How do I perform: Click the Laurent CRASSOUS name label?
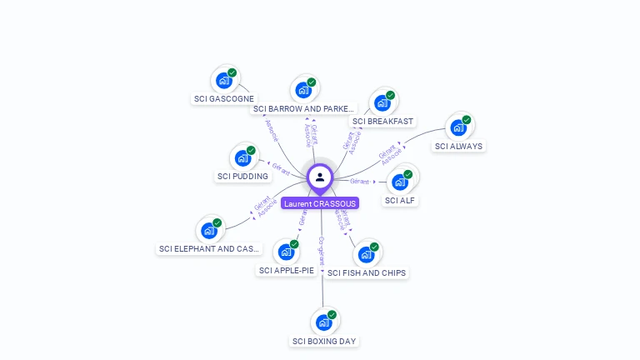320,203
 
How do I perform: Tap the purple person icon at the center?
320,177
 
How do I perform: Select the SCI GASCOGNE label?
224,98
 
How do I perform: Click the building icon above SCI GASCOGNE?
223,80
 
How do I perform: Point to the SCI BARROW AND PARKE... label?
303,108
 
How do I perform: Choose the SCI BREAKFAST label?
382,122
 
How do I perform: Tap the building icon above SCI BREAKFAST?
382,102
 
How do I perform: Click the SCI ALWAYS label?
458,146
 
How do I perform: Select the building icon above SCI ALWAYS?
458,127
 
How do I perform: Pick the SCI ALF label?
400,200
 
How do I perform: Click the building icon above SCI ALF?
400,182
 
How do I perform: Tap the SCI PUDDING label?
242,176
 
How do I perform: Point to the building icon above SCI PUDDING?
242,157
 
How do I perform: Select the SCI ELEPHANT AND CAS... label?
209,248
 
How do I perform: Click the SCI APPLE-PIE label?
286,270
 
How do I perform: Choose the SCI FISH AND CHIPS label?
367,272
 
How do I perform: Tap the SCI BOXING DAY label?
324,341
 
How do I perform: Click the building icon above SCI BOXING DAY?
323,322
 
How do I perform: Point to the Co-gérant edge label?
322,250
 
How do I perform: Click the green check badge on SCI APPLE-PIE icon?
294,244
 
